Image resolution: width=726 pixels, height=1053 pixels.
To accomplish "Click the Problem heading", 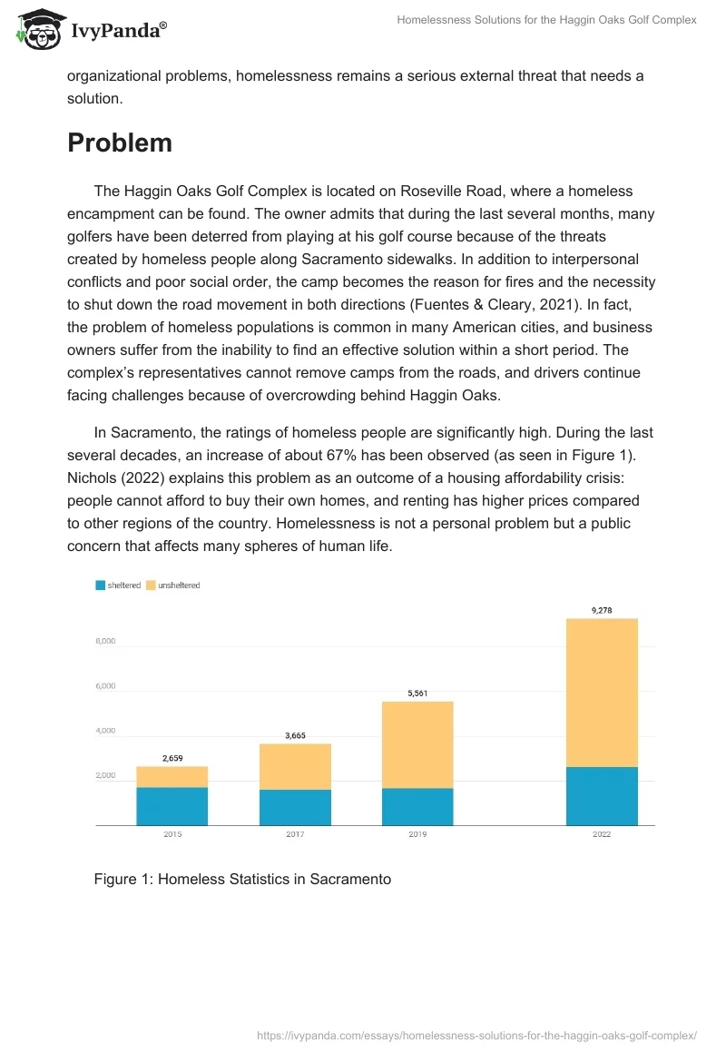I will coord(120,143).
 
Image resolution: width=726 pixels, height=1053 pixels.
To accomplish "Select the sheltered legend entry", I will coord(118,586).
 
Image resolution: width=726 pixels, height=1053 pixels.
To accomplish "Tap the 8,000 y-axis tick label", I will coord(105,642).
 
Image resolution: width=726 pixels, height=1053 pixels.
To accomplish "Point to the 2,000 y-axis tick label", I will coord(105,776).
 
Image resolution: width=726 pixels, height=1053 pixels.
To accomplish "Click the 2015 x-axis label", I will coord(172,834).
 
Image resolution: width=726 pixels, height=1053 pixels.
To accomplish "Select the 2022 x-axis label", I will coord(602,834).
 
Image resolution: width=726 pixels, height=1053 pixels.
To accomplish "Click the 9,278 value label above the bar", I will coord(602,611).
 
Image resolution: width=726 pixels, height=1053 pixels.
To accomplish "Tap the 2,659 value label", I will coord(172,757).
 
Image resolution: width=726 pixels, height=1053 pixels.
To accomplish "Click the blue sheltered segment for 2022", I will coord(602,796).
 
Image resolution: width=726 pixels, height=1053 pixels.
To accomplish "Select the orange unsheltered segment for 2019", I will coord(417,744).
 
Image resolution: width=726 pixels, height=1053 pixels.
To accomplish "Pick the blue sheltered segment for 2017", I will coord(295,807).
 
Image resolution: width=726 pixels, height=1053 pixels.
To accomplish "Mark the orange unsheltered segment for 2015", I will coord(172,777).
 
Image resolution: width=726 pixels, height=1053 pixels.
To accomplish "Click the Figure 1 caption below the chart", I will coord(242,879).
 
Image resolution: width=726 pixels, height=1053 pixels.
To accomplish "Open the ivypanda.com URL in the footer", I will coord(477,1035).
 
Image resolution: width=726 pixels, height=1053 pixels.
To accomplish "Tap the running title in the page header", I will coord(546,20).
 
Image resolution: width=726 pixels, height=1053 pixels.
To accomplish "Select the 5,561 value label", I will coord(417,694).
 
